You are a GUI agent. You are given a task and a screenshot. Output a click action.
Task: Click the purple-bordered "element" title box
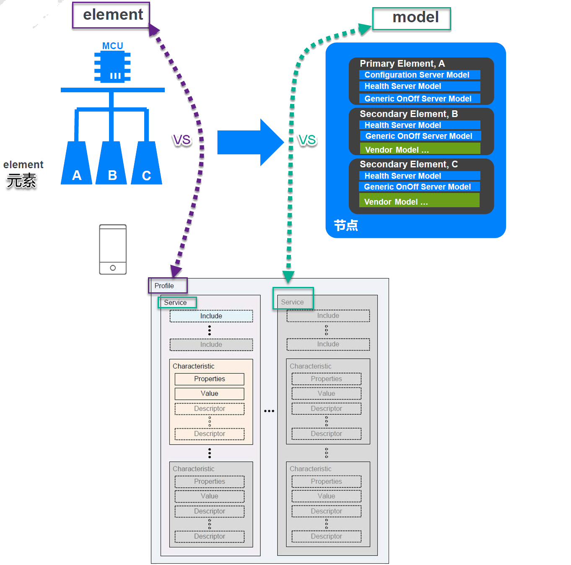pyautogui.click(x=111, y=15)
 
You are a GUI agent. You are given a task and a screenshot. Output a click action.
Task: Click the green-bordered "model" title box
pyautogui.click(x=411, y=18)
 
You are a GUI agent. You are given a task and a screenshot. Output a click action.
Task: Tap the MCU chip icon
pyautogui.click(x=112, y=67)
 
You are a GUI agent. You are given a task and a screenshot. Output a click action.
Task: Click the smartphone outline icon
pyautogui.click(x=113, y=250)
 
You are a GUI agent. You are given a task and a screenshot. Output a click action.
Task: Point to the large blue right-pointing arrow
pyautogui.click(x=250, y=142)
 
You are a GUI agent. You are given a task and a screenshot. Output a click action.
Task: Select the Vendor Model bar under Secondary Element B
pyautogui.click(x=419, y=149)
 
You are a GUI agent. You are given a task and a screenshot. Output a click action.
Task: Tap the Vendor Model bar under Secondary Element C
pyautogui.click(x=419, y=200)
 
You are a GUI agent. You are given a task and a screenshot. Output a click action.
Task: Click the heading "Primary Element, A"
pyautogui.click(x=402, y=64)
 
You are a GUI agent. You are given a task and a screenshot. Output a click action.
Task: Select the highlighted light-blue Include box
pyautogui.click(x=211, y=316)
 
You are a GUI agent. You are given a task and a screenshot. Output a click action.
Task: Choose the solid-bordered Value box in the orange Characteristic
pyautogui.click(x=209, y=393)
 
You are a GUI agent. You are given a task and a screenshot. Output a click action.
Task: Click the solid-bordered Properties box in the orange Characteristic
pyautogui.click(x=209, y=379)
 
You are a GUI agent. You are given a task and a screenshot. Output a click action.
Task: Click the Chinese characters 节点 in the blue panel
pyautogui.click(x=346, y=225)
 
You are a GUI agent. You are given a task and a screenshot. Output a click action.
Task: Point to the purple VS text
pyautogui.click(x=182, y=140)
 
